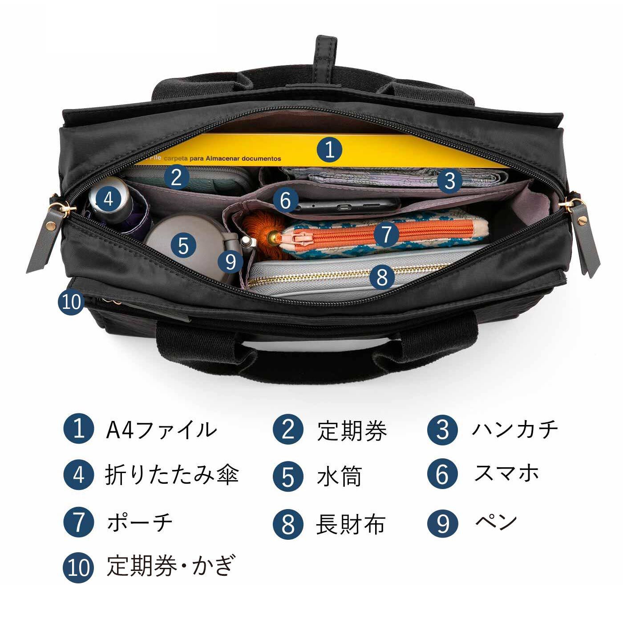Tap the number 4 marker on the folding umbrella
point(108,199)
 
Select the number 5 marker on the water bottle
point(183,245)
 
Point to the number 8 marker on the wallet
point(382,277)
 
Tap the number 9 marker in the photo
point(231,262)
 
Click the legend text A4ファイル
point(161,430)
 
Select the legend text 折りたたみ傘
point(172,475)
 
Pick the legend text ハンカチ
point(514,430)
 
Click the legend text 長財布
point(351,524)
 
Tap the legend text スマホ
point(506,473)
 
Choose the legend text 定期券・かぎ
point(170,566)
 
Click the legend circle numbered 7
point(79,522)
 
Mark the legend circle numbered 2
point(288,430)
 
